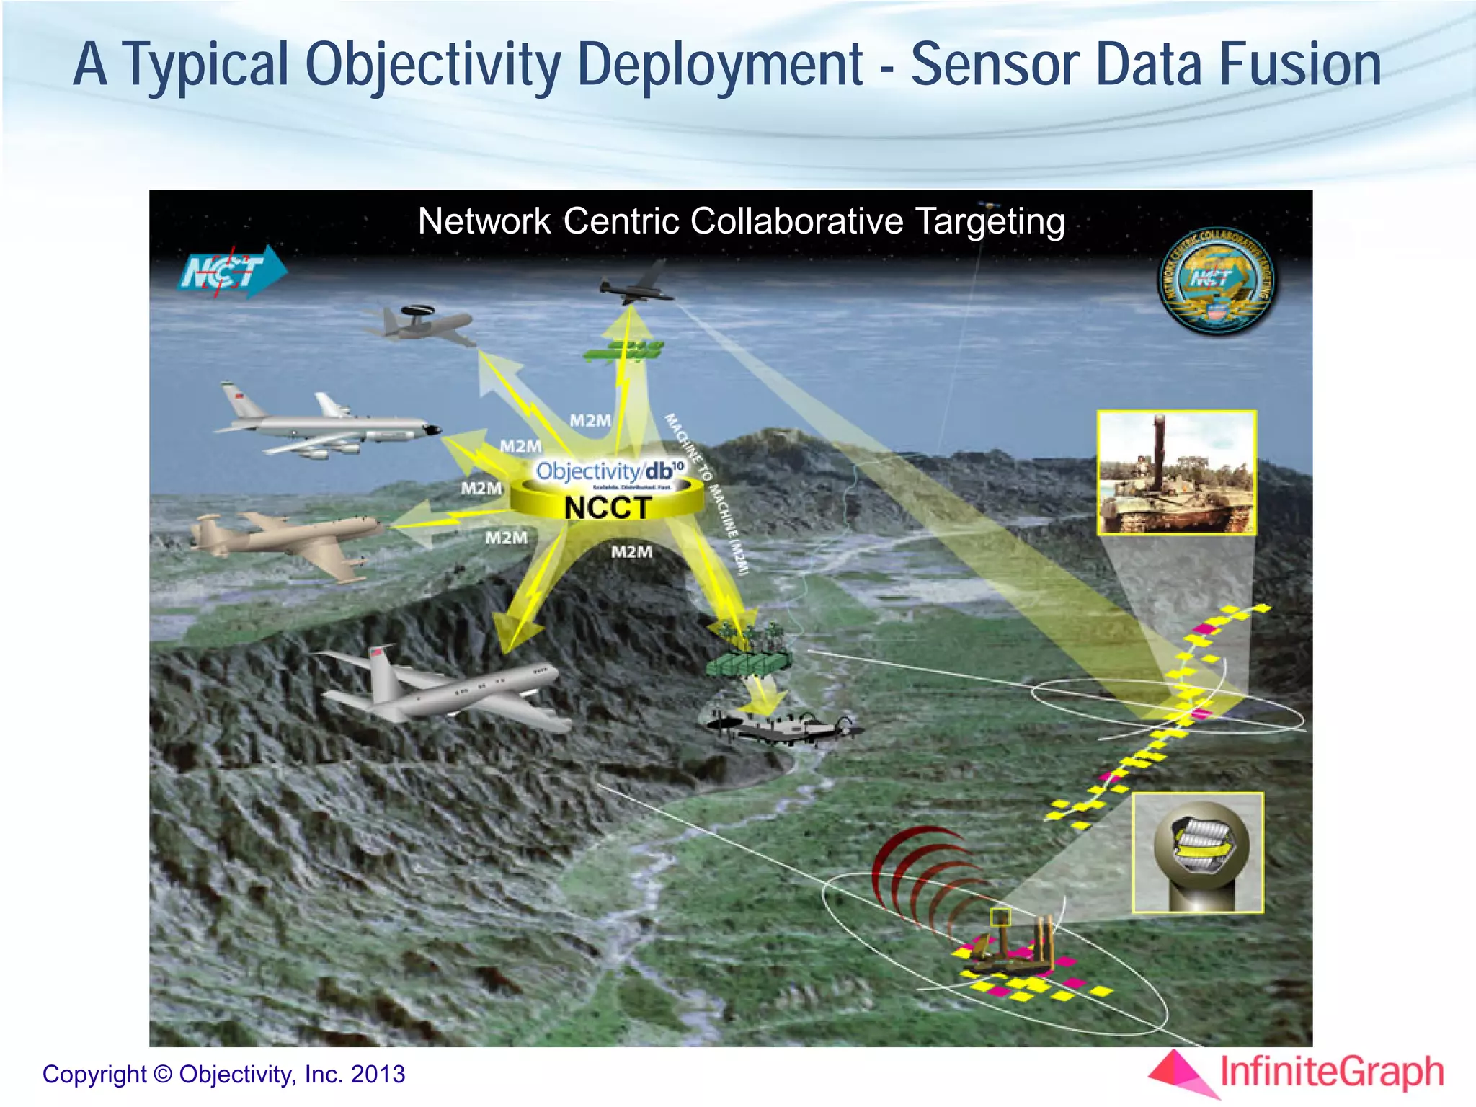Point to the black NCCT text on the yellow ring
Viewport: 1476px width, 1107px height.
[608, 508]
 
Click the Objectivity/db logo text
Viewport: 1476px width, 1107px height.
[609, 471]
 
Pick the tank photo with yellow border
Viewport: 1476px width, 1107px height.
[1176, 473]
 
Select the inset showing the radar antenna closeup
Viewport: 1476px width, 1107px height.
[1198, 853]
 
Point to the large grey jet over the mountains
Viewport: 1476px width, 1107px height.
[440, 688]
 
